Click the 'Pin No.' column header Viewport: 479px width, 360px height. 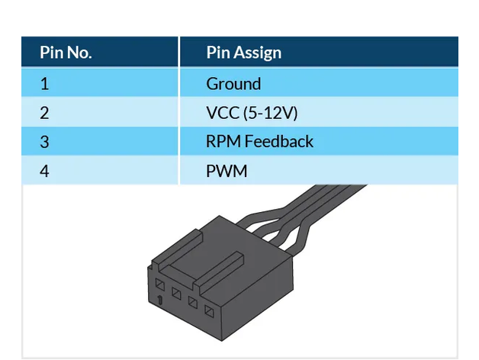click(66, 53)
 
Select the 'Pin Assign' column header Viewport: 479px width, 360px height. click(243, 53)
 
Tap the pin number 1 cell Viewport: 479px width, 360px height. click(44, 84)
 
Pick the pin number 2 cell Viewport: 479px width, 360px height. click(44, 113)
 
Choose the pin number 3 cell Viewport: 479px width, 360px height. click(44, 142)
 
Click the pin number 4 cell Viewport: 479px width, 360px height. click(44, 171)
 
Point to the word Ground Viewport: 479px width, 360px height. click(233, 84)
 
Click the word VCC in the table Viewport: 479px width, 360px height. click(222, 113)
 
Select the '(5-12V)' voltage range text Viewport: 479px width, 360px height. click(270, 113)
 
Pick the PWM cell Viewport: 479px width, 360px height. click(227, 171)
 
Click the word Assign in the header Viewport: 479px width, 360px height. click(259, 53)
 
